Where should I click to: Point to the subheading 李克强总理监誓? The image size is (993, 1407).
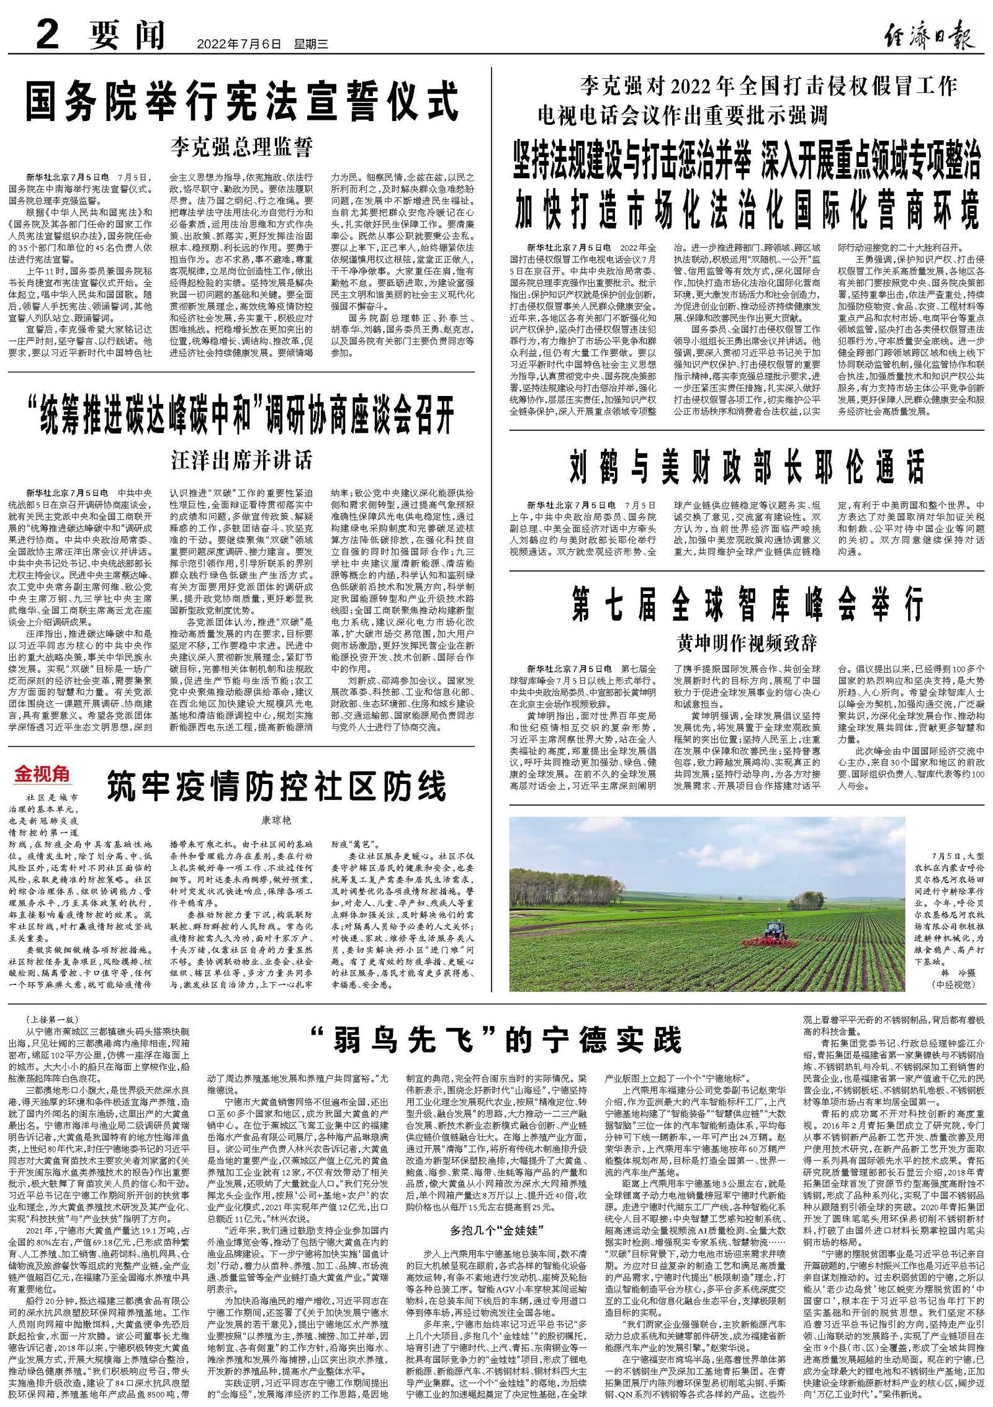click(x=241, y=148)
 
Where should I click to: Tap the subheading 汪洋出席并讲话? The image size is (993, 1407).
click(x=241, y=461)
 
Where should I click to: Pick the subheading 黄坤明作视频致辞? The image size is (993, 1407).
click(x=747, y=643)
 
